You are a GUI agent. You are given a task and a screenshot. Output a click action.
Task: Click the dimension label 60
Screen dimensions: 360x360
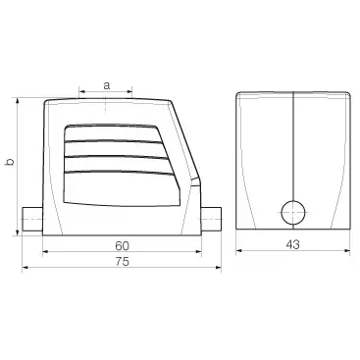pos(122,245)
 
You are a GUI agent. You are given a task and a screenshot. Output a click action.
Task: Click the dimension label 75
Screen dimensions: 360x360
pos(122,262)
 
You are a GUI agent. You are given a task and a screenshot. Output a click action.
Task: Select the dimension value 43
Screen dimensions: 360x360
pos(292,244)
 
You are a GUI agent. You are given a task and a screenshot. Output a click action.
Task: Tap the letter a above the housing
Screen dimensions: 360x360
pos(106,85)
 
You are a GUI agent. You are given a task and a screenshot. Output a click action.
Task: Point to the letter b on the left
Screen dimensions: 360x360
pos(10,161)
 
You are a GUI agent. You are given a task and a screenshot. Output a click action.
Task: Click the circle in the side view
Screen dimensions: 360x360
pos(293,213)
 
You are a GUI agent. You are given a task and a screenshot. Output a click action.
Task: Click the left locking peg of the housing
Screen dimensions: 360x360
pos(32,220)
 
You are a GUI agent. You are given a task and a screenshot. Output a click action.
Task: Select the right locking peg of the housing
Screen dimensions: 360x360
pos(211,220)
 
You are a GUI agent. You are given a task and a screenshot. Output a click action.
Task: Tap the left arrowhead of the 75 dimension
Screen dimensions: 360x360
pos(26,268)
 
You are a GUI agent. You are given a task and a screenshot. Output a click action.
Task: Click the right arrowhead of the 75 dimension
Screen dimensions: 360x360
pos(219,268)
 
